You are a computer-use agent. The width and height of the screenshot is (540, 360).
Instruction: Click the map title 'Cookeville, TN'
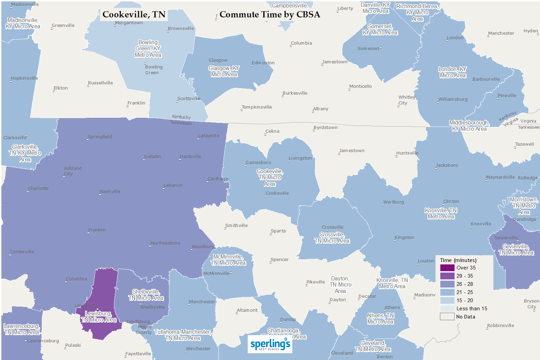pos(134,15)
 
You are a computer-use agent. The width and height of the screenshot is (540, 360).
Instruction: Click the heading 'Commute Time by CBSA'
pos(269,15)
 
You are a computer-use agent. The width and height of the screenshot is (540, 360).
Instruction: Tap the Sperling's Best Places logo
pos(270,344)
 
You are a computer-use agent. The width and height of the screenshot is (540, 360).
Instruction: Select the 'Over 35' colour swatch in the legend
pos(447,268)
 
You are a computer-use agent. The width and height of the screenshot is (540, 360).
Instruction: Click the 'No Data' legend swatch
pos(447,317)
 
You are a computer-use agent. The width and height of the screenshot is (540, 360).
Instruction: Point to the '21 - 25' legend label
pos(464,292)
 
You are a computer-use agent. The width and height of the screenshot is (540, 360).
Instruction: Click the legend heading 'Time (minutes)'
pos(458,260)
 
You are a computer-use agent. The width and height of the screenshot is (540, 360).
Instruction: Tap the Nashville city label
pos(110,192)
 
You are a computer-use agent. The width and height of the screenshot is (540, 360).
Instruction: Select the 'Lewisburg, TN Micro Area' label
pos(99,317)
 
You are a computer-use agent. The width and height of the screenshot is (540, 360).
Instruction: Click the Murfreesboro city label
pos(165,243)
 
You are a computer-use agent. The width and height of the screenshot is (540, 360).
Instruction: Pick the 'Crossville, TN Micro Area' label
pos(332,238)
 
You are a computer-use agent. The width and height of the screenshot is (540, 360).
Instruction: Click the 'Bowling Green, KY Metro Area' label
pos(148,49)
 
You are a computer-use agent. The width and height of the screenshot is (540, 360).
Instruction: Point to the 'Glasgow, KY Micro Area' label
pos(224,71)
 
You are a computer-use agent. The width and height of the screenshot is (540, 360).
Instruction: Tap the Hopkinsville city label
pos(24,78)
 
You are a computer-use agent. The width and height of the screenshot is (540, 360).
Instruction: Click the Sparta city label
pos(278,231)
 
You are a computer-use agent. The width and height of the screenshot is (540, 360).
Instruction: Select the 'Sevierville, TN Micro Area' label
pos(516,249)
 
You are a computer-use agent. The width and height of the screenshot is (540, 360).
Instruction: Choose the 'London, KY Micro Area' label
pos(452,72)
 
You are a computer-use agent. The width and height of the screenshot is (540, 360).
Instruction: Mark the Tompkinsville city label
pos(257,107)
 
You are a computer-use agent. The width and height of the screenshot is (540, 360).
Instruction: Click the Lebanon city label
pos(173,185)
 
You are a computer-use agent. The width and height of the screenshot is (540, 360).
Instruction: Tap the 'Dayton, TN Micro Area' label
pos(340,285)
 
